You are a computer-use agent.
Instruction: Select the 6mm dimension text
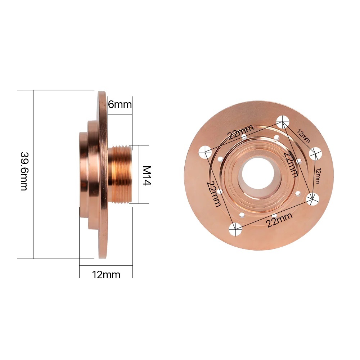coord(120,105)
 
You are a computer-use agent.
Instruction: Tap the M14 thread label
coord(147,175)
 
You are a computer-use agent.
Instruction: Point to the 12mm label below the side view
coord(106,275)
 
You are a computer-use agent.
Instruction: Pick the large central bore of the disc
coord(258,175)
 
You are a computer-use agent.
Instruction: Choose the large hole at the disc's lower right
coord(313,198)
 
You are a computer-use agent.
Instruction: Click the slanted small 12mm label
coord(303,136)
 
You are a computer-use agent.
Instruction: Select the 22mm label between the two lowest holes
coord(279,220)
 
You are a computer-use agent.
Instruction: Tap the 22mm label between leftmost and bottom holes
coord(213,193)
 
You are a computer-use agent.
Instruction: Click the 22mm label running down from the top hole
coord(290,163)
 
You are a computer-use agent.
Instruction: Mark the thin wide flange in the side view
coord(103,175)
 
